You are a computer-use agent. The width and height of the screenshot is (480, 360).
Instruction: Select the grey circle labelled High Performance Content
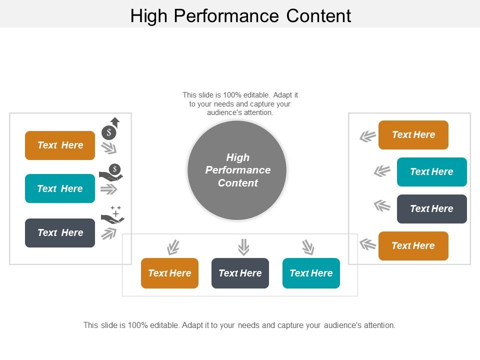[237, 170]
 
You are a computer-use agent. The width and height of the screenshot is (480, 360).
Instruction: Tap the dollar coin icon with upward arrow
[110, 128]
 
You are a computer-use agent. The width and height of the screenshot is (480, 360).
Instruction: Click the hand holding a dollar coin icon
[111, 172]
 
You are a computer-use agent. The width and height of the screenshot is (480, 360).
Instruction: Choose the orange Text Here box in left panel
[60, 145]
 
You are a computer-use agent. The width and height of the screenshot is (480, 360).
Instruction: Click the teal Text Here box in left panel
[60, 188]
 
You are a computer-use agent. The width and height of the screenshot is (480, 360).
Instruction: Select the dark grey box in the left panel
[60, 232]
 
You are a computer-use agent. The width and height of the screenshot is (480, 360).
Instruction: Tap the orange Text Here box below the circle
[169, 273]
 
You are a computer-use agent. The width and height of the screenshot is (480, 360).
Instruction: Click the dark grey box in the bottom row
[240, 273]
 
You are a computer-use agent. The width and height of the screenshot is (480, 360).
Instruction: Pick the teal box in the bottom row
[311, 273]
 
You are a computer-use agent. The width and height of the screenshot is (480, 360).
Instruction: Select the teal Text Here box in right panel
[431, 171]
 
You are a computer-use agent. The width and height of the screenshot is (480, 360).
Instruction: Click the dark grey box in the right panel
[431, 208]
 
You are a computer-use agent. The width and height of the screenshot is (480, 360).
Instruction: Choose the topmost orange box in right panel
[413, 135]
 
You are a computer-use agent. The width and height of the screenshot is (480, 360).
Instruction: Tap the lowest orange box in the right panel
[413, 245]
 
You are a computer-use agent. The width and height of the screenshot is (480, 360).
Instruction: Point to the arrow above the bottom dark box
[243, 247]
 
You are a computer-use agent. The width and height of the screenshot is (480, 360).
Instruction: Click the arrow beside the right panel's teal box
[382, 171]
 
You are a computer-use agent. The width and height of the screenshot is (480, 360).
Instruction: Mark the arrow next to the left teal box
[108, 189]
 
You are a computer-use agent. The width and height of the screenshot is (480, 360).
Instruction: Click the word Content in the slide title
[319, 16]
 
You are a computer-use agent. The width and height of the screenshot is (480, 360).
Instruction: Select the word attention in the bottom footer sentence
[378, 325]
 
